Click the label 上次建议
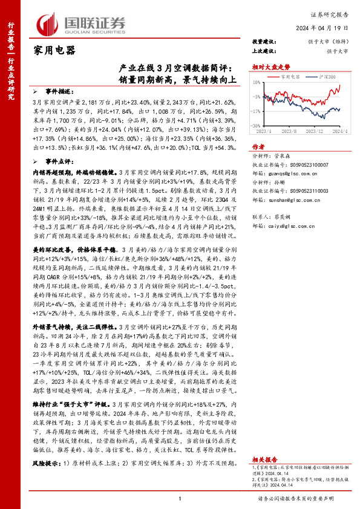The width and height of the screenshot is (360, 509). click(x=264, y=51)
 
